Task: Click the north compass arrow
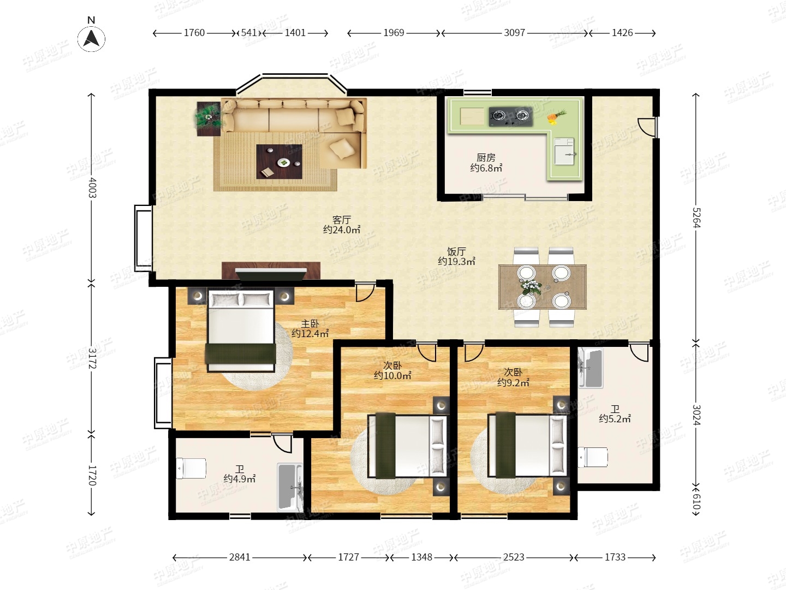click(91, 39)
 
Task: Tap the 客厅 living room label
click(342, 219)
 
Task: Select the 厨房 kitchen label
click(486, 157)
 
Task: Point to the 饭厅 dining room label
click(456, 251)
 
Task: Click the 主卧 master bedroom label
click(309, 323)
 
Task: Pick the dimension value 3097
click(514, 33)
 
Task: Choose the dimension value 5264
click(696, 217)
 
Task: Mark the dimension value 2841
click(240, 557)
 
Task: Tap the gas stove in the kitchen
click(511, 116)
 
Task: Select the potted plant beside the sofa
click(208, 117)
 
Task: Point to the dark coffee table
click(279, 162)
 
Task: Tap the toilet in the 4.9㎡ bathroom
click(191, 468)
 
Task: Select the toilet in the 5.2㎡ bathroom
click(593, 457)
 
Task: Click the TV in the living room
click(271, 274)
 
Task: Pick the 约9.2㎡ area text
click(513, 382)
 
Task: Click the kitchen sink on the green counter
click(564, 151)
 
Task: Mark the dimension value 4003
click(92, 187)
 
